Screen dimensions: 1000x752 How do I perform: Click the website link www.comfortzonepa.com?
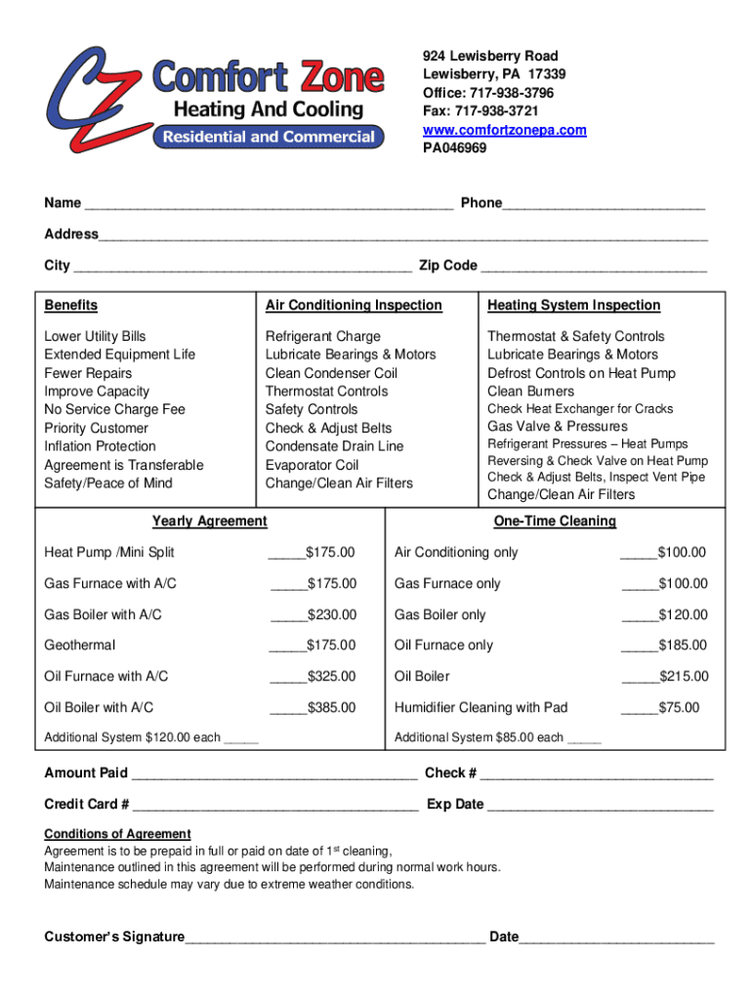tap(504, 130)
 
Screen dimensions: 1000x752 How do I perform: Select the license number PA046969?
tap(454, 148)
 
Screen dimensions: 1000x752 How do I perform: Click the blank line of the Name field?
tap(269, 205)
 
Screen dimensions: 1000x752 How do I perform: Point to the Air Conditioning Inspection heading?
tap(354, 306)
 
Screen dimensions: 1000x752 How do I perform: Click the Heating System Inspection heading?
tap(573, 306)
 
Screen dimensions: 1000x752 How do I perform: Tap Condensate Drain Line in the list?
tap(334, 446)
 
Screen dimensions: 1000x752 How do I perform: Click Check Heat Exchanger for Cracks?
tap(580, 409)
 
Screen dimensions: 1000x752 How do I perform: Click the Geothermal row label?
tap(79, 645)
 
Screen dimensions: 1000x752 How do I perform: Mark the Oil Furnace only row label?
tap(443, 645)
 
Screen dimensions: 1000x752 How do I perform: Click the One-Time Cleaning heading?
tap(555, 521)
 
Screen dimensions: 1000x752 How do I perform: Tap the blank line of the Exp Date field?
tap(600, 807)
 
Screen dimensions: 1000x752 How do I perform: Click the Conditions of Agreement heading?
tap(117, 834)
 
